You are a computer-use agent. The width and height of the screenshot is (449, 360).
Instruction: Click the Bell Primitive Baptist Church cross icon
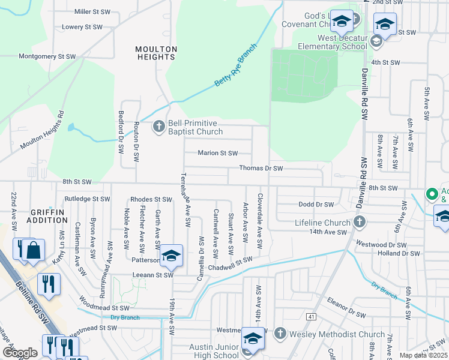click(x=159, y=126)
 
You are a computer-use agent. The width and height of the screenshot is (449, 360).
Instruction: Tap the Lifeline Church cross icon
click(x=359, y=223)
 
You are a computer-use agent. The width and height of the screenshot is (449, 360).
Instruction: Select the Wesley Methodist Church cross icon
click(x=280, y=334)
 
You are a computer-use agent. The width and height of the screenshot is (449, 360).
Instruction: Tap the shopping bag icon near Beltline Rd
click(x=34, y=251)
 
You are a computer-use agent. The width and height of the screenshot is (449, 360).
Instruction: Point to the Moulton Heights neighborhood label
click(x=155, y=53)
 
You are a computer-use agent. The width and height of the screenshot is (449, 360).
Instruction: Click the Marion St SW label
click(x=218, y=153)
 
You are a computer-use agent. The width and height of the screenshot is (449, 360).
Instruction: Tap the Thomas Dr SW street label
click(x=261, y=169)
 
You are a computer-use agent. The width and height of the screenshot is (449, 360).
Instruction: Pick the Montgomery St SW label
click(x=47, y=56)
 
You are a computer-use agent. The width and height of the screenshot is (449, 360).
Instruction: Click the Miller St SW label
click(x=92, y=11)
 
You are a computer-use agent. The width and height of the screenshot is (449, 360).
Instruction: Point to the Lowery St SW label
click(x=82, y=27)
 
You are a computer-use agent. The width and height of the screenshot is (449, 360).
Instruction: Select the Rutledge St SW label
click(x=87, y=199)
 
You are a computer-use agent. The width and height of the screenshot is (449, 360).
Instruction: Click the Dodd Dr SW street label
click(x=316, y=205)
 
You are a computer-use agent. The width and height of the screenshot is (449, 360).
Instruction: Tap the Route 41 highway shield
click(x=310, y=316)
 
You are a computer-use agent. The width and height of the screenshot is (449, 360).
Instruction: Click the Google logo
click(x=20, y=352)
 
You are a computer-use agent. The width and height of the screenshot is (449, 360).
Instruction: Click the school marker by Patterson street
click(x=171, y=255)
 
